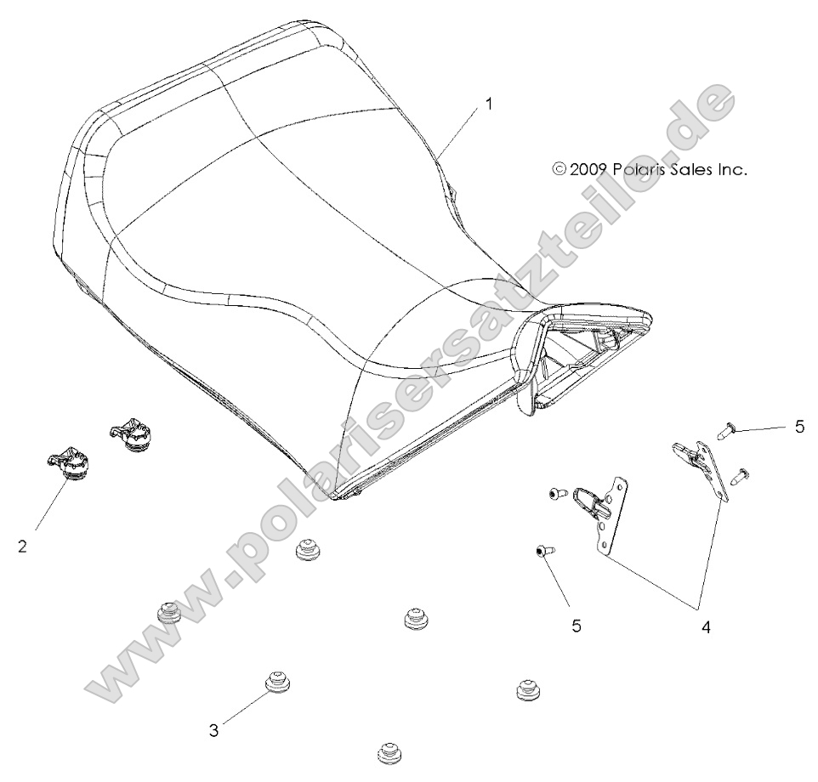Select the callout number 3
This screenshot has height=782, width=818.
[214, 729]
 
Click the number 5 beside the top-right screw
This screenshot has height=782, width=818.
[798, 427]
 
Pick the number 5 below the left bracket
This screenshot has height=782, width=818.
[577, 626]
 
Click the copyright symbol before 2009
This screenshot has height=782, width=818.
[559, 169]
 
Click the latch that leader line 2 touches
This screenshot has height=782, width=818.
[70, 465]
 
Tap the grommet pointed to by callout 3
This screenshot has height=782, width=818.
[276, 682]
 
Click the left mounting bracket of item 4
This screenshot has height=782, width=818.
[612, 518]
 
